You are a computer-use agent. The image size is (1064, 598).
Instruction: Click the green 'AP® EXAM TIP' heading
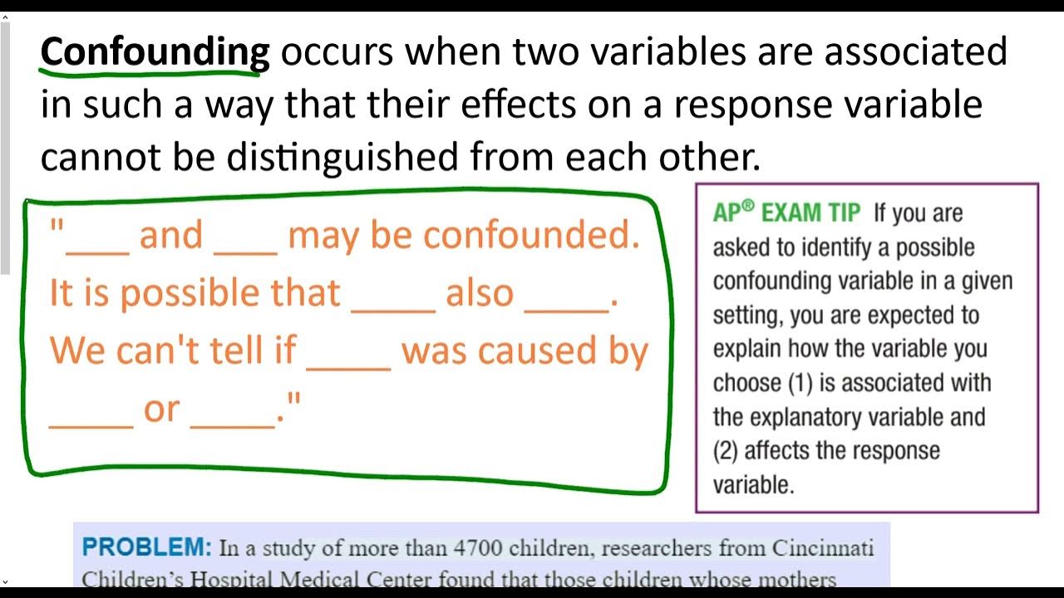786,213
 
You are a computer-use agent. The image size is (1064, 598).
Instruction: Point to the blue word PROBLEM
147,547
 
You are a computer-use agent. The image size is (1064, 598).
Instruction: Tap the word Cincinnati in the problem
822,548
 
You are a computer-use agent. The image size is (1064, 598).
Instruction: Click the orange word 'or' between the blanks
161,409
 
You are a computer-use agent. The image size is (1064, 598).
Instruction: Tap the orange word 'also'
480,293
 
